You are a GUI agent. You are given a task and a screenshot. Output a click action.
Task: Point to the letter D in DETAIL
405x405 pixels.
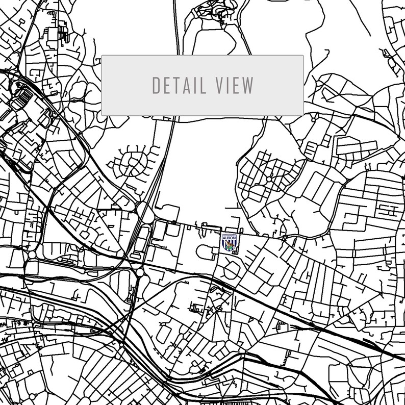(157, 85)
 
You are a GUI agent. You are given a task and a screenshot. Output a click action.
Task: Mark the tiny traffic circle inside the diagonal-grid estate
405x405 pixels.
(269, 180)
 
